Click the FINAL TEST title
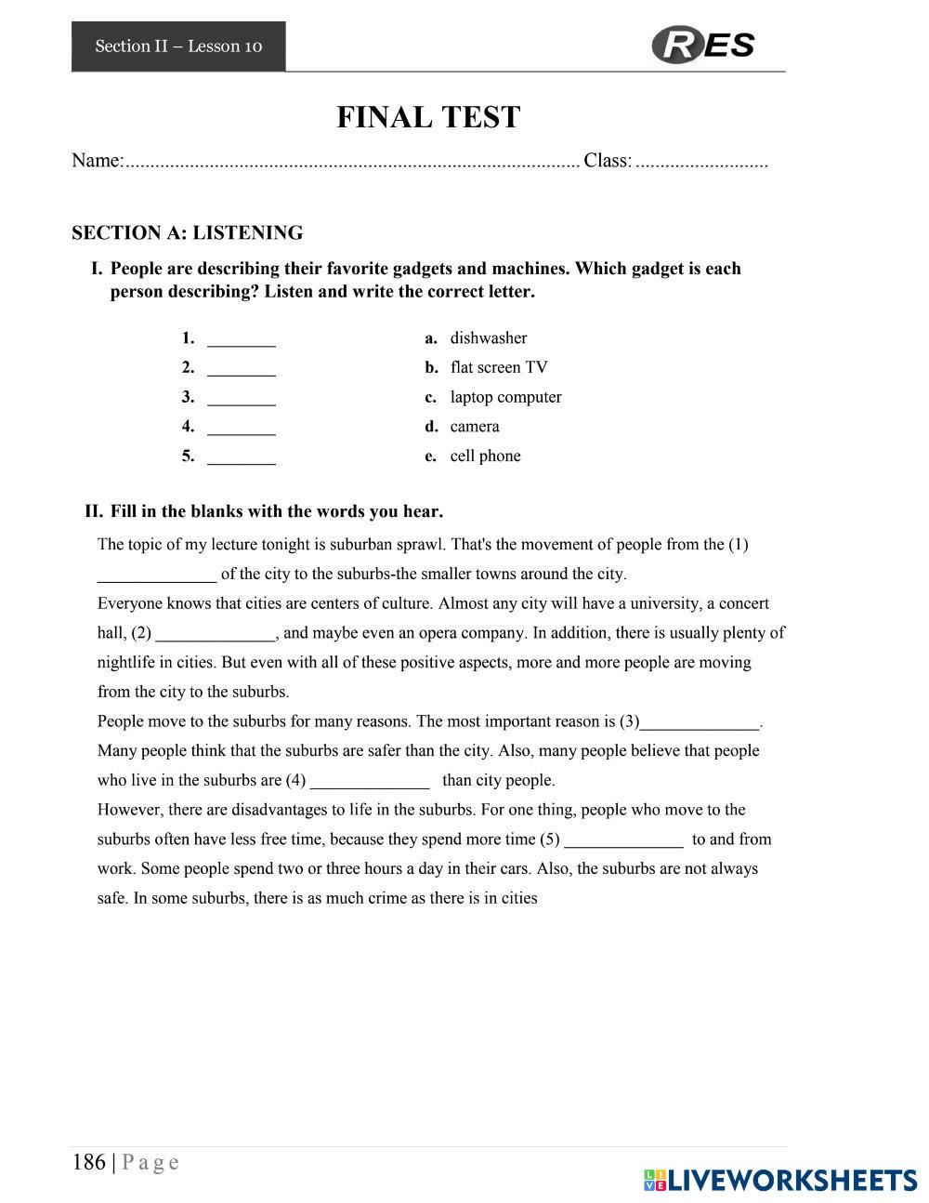coord(428,118)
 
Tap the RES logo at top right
coord(703,45)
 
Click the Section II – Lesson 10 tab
coord(178,46)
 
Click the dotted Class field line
coord(701,163)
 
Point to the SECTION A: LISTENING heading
coord(187,232)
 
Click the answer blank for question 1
coord(242,339)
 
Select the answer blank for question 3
coord(242,399)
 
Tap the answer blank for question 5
coord(242,457)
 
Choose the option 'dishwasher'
coord(488,338)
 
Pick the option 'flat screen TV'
coord(499,368)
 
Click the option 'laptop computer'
coord(505,398)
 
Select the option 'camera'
coord(475,427)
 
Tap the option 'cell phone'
coord(485,456)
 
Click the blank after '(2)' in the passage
coord(216,635)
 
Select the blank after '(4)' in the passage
coord(370,782)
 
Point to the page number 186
coord(89,1162)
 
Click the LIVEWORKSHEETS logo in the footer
coord(779,1180)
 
